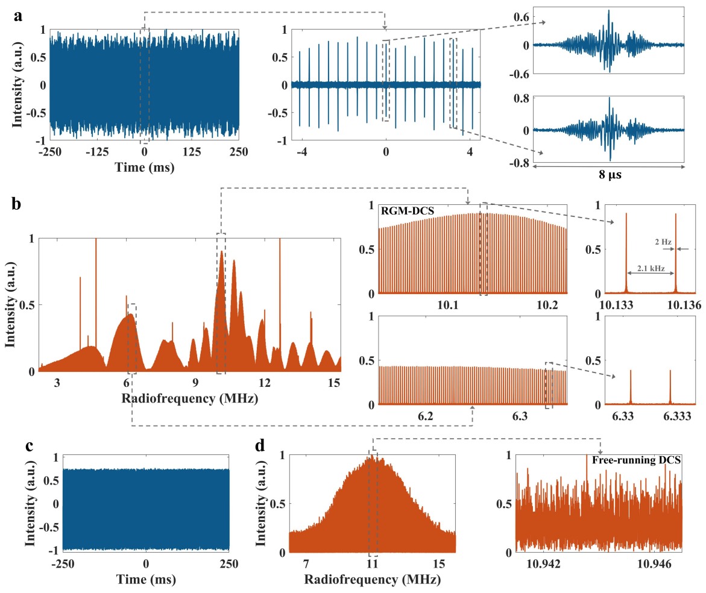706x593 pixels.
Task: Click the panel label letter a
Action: pos(19,16)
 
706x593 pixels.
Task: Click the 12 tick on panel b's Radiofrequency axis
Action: pos(265,383)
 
